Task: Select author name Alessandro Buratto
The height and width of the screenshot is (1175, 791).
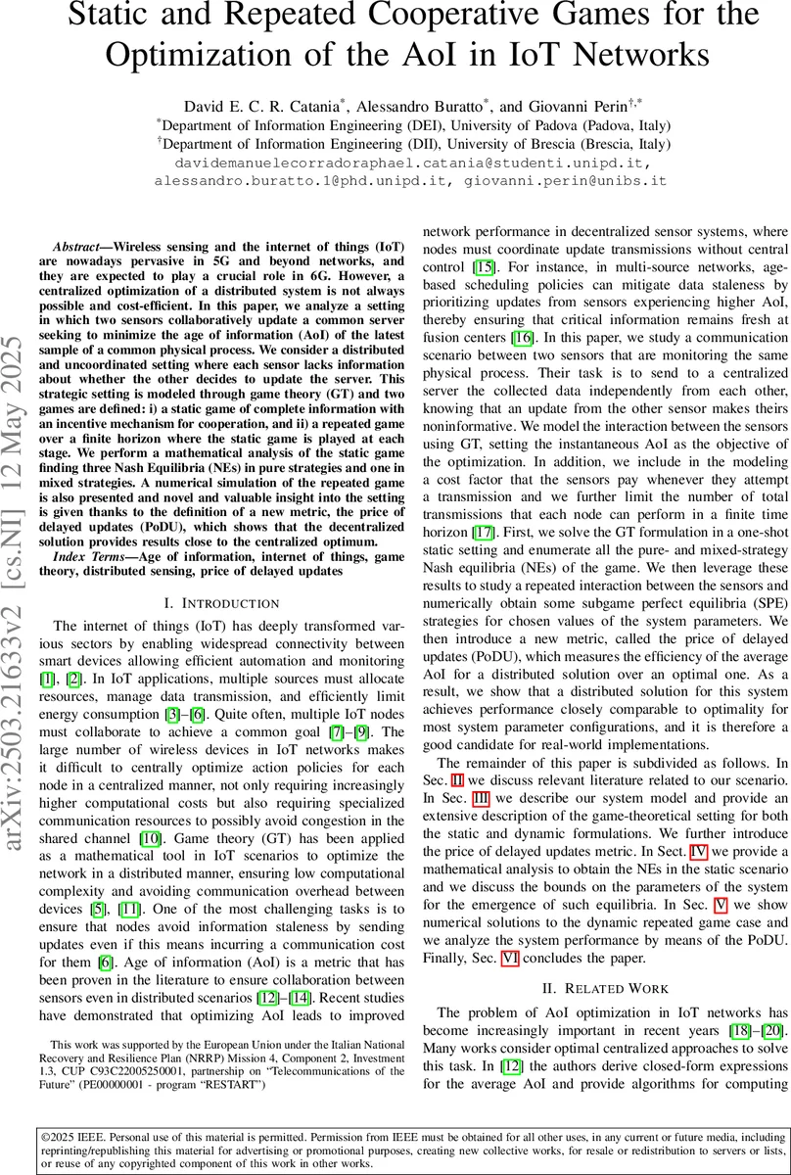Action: pyautogui.click(x=423, y=104)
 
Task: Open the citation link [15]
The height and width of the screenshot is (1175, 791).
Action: pyautogui.click(x=484, y=267)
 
